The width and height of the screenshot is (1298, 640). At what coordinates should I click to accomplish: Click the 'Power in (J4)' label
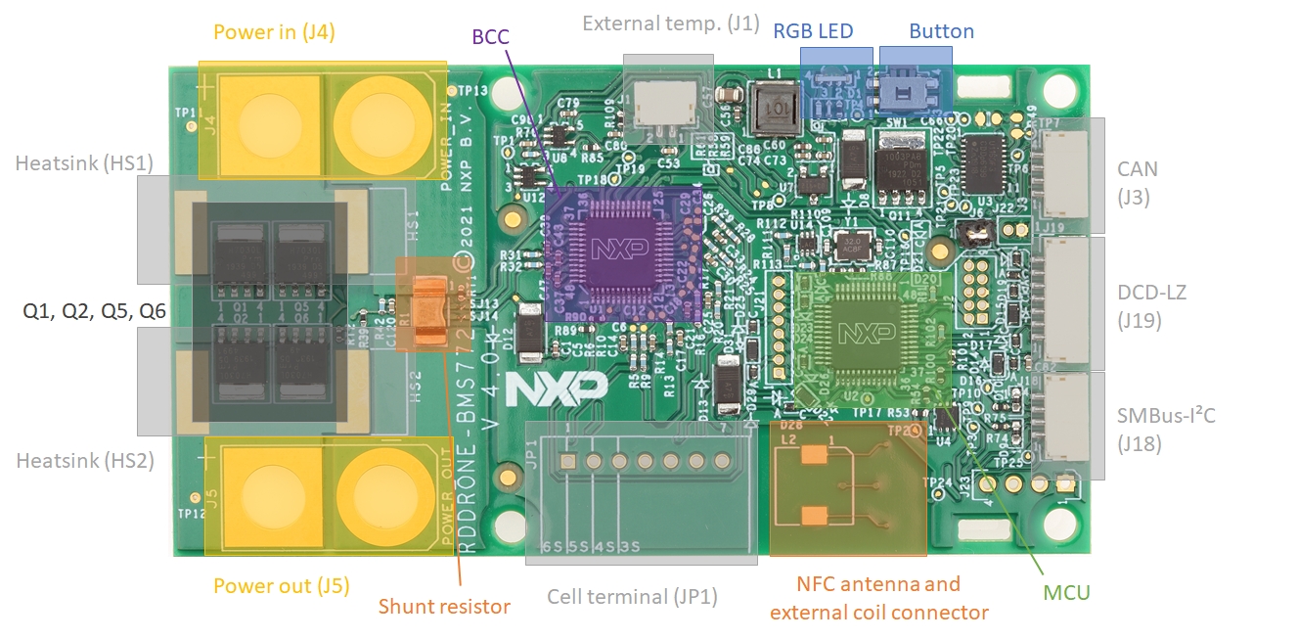tap(274, 32)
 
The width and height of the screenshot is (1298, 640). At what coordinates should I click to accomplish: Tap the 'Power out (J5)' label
tap(281, 586)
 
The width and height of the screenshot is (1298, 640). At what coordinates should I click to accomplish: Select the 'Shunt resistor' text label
tap(444, 607)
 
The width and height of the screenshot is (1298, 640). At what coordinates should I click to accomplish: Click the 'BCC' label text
tap(490, 38)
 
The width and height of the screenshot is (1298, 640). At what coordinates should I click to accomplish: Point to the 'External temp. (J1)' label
tap(670, 23)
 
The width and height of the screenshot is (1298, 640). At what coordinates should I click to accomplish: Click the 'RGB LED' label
tap(813, 31)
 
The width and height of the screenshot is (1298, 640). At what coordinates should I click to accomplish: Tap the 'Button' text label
tap(941, 31)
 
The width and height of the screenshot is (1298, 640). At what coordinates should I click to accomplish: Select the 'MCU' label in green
tap(1065, 593)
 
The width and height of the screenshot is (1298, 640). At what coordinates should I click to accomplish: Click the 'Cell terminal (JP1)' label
tap(632, 597)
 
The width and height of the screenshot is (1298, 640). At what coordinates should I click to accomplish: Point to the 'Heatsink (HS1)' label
tap(84, 163)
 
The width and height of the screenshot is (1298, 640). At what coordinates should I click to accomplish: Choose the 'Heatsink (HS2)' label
tap(85, 460)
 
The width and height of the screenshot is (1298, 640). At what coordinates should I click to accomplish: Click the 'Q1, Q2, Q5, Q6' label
tap(94, 312)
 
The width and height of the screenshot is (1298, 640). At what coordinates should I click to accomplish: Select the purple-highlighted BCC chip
tap(623, 251)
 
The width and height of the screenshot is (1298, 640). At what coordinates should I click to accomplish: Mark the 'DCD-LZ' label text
tap(1150, 292)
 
